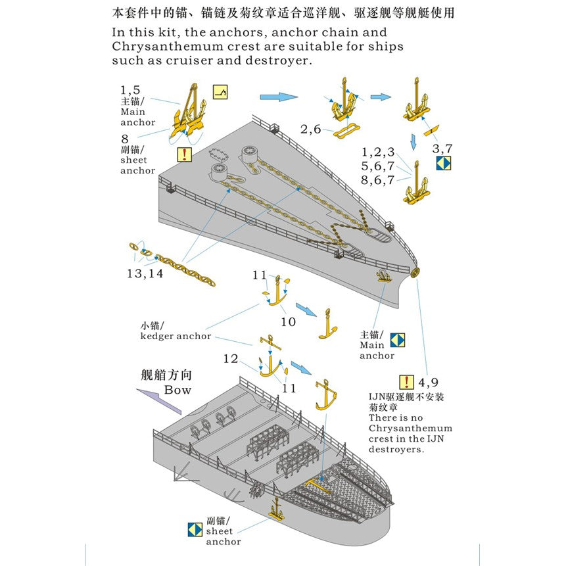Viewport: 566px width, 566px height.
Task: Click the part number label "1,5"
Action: (x=130, y=90)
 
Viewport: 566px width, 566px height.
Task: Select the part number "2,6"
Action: (x=311, y=130)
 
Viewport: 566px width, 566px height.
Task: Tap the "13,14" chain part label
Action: (x=145, y=273)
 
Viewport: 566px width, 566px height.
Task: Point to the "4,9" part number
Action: (x=429, y=382)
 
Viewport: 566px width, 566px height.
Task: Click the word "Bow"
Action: (x=177, y=390)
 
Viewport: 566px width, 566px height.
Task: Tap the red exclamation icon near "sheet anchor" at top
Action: (x=185, y=154)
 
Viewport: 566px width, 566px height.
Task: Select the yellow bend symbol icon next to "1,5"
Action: (x=221, y=93)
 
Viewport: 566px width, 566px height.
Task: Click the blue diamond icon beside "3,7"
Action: (x=444, y=163)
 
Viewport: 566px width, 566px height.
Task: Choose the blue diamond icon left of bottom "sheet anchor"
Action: (x=195, y=530)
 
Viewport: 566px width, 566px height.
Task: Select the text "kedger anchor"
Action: (x=176, y=336)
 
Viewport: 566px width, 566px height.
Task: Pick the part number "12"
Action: (x=230, y=359)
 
